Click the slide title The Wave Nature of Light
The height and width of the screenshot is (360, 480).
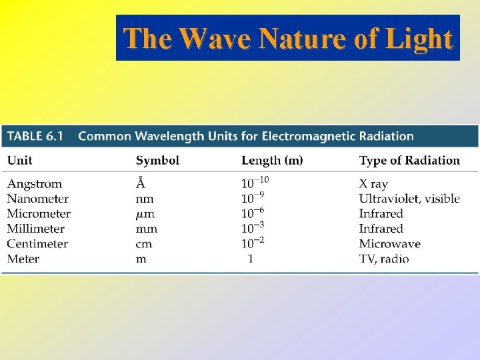(288, 39)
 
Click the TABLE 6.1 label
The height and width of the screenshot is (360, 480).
(35, 136)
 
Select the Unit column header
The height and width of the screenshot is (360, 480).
(20, 160)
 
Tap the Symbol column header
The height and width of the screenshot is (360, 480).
(157, 160)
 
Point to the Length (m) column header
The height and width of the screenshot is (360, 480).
(272, 160)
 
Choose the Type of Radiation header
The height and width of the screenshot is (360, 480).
(409, 160)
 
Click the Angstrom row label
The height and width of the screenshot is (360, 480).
(35, 183)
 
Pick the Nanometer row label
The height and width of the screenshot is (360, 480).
(38, 199)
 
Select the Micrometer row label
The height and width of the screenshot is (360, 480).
(39, 213)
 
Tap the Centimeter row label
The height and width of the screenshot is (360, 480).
(37, 243)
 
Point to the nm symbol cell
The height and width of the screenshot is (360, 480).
(145, 199)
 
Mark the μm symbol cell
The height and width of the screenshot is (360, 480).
(145, 214)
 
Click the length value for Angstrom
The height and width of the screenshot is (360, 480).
(255, 182)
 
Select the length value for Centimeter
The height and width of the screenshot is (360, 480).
(253, 242)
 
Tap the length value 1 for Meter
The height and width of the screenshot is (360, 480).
(250, 259)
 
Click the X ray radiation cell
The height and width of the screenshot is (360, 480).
(373, 183)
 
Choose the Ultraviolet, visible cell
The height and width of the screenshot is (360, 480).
(409, 199)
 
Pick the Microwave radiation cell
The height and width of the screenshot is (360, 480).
(389, 243)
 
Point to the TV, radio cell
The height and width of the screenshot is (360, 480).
(384, 259)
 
